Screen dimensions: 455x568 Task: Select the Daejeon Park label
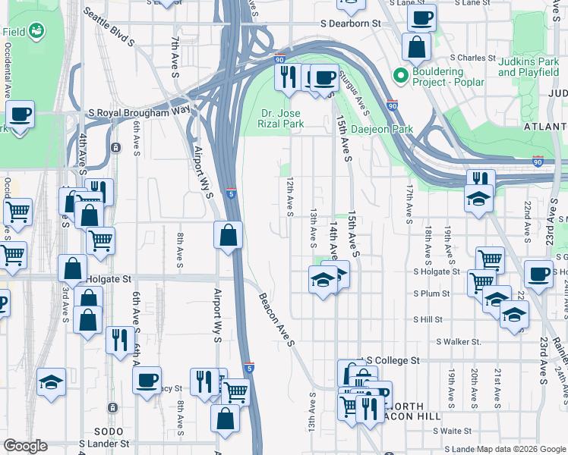(x=382, y=129)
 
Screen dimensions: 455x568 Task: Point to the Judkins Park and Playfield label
(x=529, y=67)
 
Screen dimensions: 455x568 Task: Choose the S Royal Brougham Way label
(x=138, y=111)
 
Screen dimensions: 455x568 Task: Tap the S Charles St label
(x=472, y=57)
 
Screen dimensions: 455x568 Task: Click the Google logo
(x=25, y=446)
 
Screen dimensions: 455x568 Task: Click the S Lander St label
(x=104, y=444)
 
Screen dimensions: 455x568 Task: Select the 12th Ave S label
(x=289, y=196)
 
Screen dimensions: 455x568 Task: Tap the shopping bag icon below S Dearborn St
(x=417, y=48)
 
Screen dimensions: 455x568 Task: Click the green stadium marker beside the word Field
(x=36, y=31)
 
